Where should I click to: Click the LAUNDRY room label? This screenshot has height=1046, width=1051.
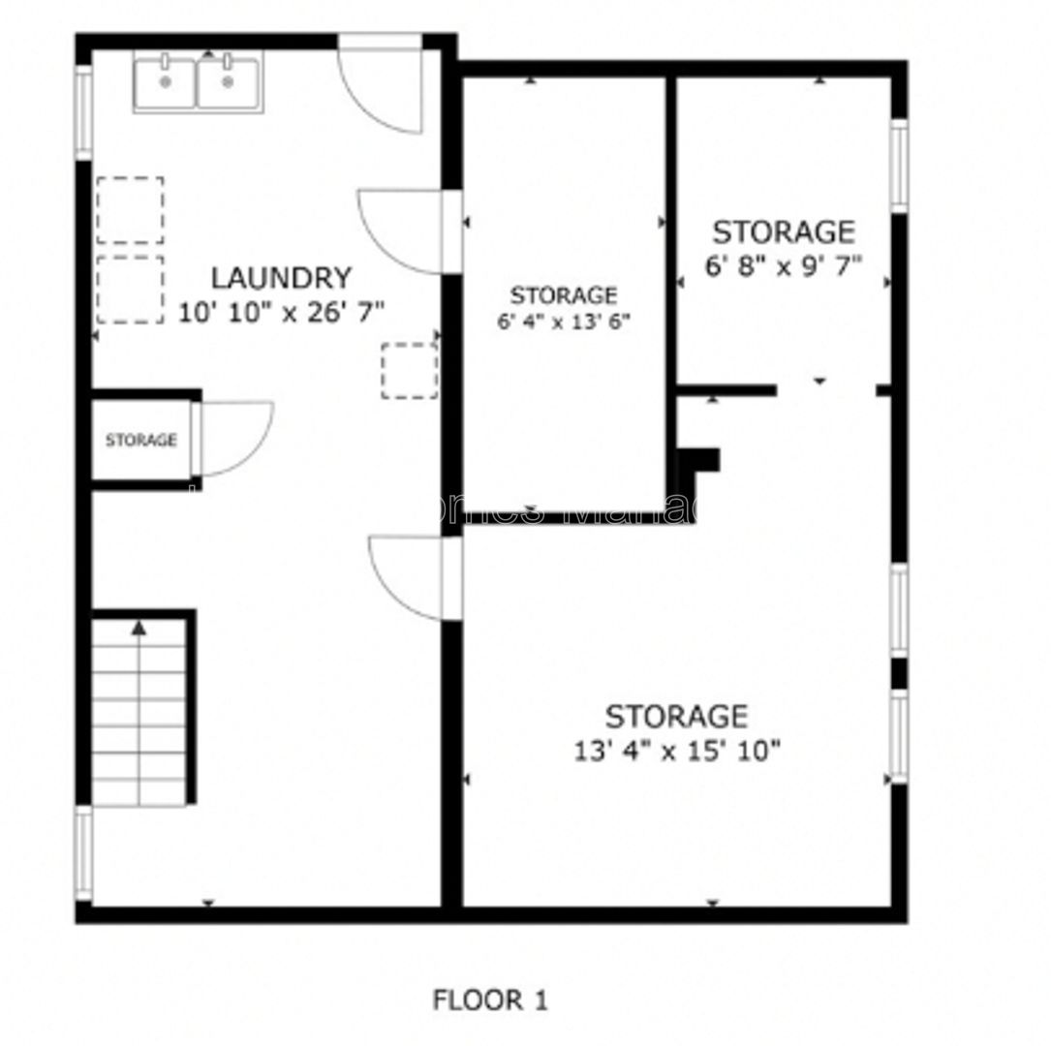(x=280, y=278)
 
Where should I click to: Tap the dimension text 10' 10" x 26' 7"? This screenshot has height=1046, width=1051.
(x=282, y=312)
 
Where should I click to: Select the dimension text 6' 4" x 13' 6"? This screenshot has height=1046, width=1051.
(x=564, y=322)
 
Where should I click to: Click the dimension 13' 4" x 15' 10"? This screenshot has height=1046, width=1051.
(x=676, y=750)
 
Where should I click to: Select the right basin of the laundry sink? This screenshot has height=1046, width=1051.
(x=229, y=82)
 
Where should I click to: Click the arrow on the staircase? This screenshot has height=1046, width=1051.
(x=139, y=628)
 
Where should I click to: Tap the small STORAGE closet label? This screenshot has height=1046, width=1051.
(x=141, y=441)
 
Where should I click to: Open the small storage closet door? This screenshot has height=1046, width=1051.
(x=232, y=438)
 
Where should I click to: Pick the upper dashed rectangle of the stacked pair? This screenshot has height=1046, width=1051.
(x=130, y=209)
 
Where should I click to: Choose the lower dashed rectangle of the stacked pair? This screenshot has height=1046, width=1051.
(x=130, y=290)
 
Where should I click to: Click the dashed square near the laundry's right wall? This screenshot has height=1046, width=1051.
(x=409, y=370)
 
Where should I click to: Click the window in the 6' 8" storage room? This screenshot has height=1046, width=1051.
(x=899, y=166)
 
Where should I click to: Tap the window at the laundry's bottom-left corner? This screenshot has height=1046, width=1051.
(x=84, y=853)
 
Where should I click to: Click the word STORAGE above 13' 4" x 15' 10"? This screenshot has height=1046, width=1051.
(x=676, y=717)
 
